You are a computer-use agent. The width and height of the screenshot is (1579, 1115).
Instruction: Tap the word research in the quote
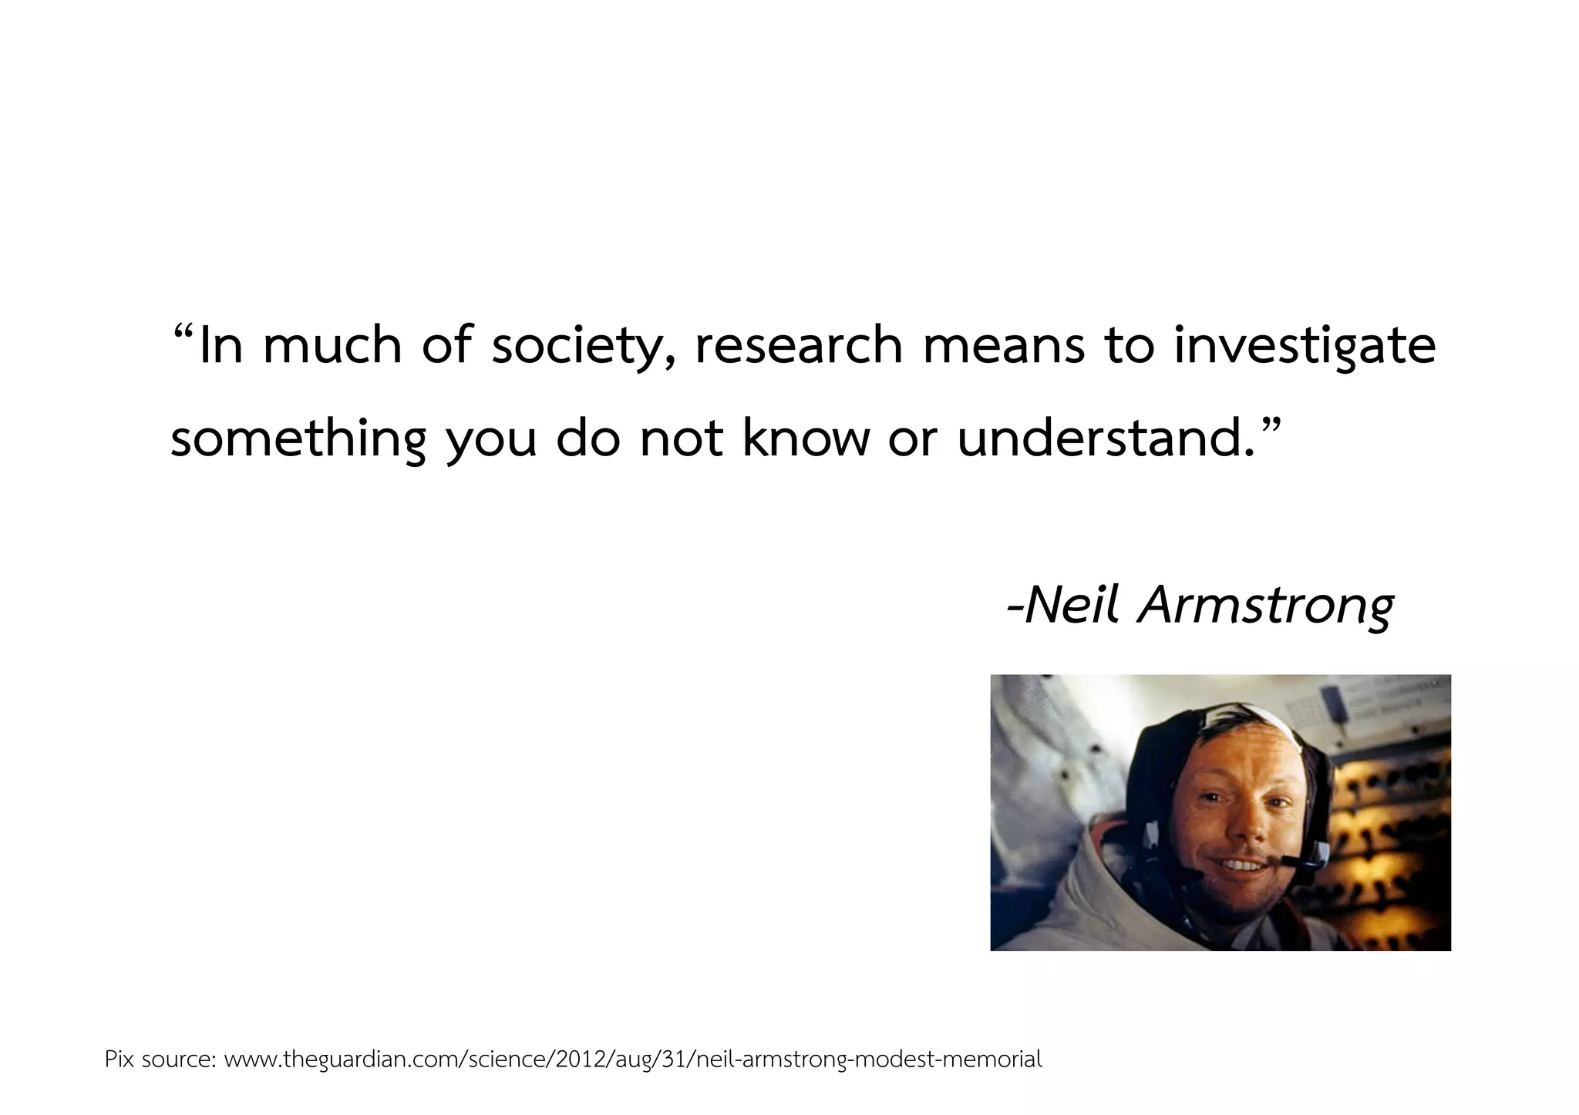pos(798,345)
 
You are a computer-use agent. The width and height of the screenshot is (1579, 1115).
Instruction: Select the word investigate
pos(1305,347)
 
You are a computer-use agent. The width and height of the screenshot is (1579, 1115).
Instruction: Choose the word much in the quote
pos(332,345)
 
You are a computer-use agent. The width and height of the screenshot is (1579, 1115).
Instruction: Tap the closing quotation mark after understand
pos(1270,426)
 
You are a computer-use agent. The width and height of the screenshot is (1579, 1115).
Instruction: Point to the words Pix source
pos(159,1060)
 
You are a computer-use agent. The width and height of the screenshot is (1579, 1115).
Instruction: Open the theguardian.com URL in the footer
pos(632,1060)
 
